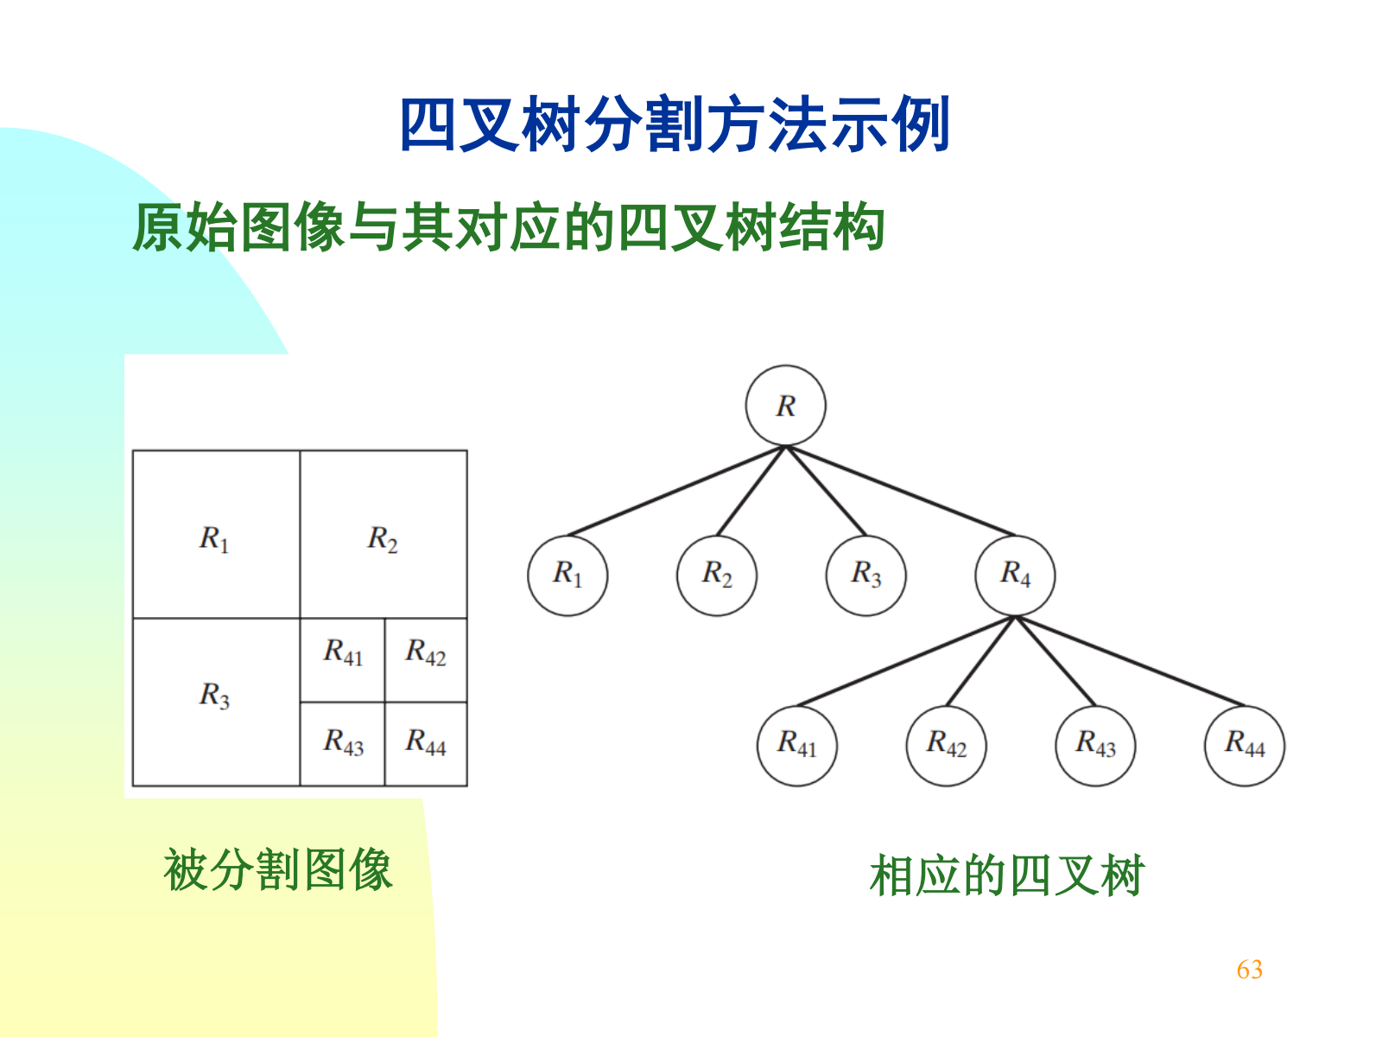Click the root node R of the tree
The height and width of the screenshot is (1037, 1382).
(x=785, y=405)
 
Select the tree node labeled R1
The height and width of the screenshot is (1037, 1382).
(x=567, y=575)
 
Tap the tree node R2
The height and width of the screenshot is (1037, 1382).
(x=717, y=575)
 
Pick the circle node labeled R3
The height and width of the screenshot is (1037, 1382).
(x=865, y=575)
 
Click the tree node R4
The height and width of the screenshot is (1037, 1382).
(x=1015, y=575)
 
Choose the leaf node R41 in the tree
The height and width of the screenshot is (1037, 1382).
(x=796, y=745)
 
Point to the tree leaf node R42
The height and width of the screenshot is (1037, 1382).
(x=946, y=745)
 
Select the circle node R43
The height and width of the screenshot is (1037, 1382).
(x=1095, y=745)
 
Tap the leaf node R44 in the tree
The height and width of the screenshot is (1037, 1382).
(x=1244, y=745)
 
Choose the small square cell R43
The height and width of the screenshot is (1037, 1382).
(x=343, y=743)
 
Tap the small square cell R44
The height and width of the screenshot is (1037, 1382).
(x=426, y=743)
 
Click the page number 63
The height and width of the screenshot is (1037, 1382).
(x=1249, y=970)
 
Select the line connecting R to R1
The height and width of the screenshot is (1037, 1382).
(x=676, y=491)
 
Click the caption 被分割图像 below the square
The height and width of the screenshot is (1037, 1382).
(x=278, y=870)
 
